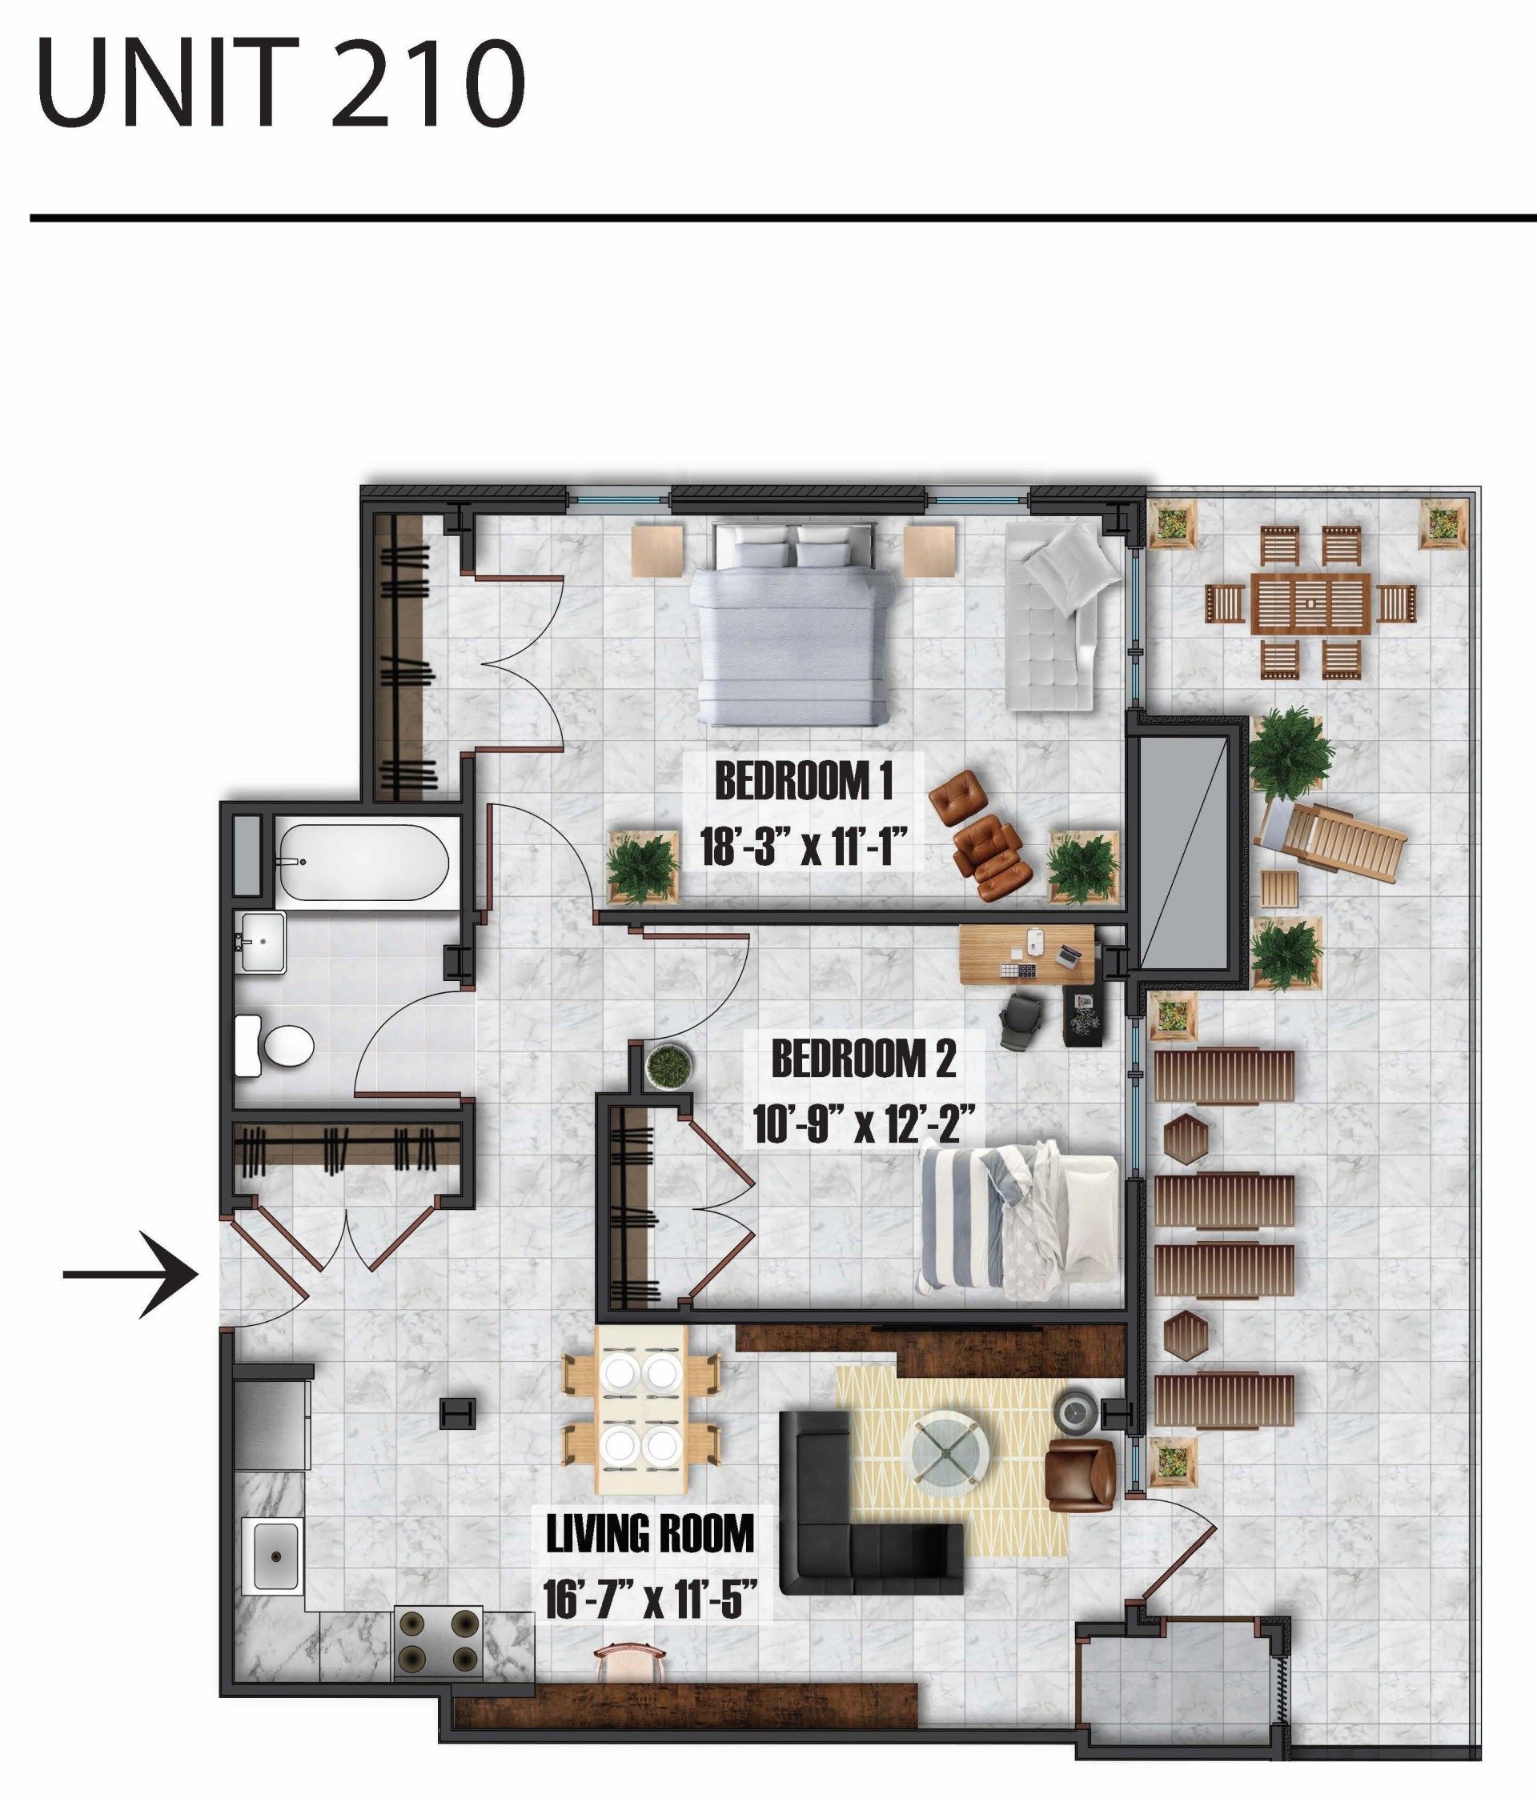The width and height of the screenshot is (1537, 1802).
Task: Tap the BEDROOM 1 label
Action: coord(803,781)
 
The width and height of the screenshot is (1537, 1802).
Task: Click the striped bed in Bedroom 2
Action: coord(1017,1221)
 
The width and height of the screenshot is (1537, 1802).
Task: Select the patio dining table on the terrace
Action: coord(1310,603)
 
